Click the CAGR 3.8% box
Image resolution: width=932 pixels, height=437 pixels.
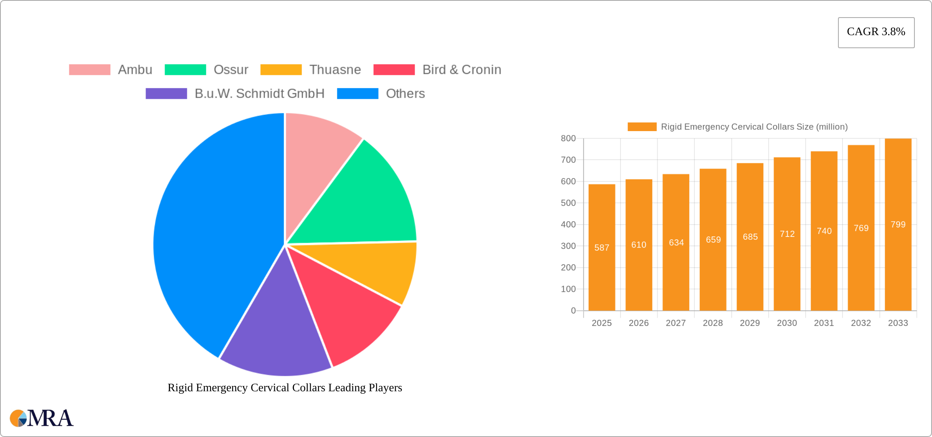click(876, 32)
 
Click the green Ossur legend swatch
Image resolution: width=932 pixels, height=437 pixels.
click(185, 70)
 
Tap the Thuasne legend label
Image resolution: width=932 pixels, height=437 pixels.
click(335, 70)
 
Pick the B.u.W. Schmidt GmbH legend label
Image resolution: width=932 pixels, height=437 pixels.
click(259, 94)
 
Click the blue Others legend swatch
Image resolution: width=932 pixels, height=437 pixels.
click(357, 94)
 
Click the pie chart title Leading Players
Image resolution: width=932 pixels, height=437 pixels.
click(285, 388)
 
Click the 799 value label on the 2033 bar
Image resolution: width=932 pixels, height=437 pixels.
click(898, 225)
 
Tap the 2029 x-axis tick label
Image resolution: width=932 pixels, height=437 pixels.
click(750, 323)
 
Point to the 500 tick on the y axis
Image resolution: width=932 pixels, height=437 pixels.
click(568, 203)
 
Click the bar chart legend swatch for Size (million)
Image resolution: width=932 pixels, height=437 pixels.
click(642, 127)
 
